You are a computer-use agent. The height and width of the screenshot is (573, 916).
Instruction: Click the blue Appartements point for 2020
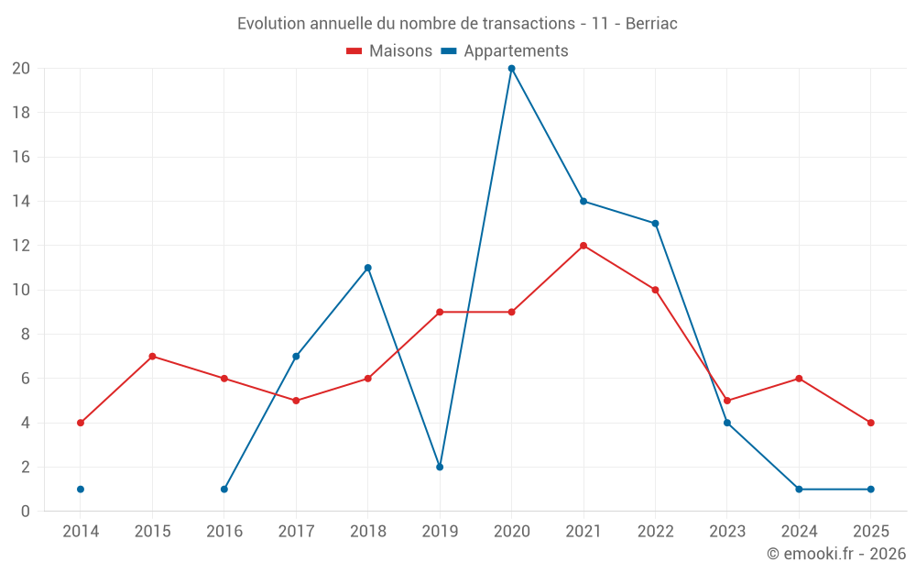(x=511, y=69)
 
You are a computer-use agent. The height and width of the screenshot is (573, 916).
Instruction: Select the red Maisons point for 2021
(x=583, y=246)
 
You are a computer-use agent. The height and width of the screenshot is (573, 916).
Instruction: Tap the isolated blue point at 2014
(x=81, y=489)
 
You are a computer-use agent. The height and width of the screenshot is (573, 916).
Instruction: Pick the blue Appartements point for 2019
(x=440, y=467)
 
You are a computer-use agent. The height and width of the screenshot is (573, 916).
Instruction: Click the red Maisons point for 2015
(x=152, y=357)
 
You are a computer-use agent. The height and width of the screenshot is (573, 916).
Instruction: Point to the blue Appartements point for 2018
(x=368, y=268)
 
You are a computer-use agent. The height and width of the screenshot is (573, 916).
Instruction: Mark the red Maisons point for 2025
(x=870, y=423)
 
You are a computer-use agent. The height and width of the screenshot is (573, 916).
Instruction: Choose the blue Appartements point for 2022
(x=655, y=223)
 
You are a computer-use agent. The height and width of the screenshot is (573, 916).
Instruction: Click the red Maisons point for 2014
(x=81, y=423)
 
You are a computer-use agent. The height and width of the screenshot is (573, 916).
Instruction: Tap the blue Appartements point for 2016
(x=224, y=489)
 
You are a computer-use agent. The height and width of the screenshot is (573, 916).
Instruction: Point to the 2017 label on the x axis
(x=296, y=532)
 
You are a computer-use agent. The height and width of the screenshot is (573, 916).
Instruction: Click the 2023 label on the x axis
(x=726, y=532)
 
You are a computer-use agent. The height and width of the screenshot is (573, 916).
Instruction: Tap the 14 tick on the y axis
(x=21, y=202)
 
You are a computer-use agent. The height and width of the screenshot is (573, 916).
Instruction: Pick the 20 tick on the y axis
(x=21, y=69)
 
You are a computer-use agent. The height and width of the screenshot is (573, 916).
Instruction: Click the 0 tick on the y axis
(x=26, y=511)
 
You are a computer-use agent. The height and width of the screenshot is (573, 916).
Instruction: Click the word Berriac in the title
(x=651, y=24)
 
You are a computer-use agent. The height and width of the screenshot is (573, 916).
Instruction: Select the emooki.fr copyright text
(x=836, y=554)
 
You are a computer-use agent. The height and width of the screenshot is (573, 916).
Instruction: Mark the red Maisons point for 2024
(x=799, y=379)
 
